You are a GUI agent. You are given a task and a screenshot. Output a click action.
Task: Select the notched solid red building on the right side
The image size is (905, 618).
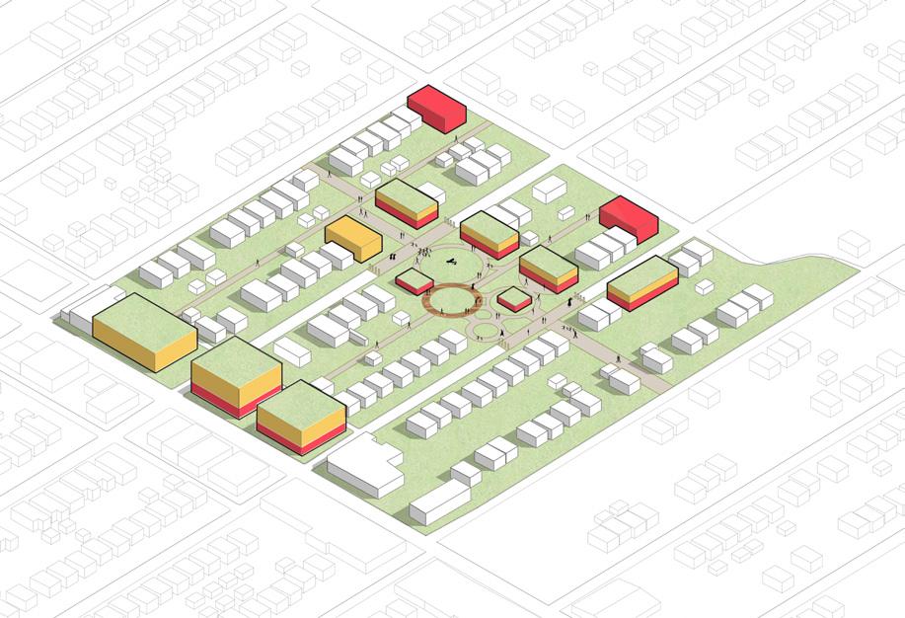coord(628,218)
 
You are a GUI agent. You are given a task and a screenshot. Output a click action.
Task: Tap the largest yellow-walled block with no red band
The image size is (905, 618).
coord(143,330)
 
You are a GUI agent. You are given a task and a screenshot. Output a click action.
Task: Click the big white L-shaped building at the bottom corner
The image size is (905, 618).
coord(364,465)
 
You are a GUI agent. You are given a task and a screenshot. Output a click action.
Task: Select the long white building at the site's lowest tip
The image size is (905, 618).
coord(438,502)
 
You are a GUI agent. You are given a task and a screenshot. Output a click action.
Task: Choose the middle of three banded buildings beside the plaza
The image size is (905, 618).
coord(490,234)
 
